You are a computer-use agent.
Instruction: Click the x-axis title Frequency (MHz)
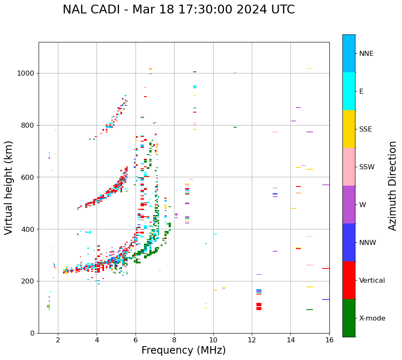[x=183, y=350]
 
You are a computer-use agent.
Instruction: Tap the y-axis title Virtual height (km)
[x=9, y=187]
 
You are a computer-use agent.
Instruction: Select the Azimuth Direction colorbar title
[x=392, y=186]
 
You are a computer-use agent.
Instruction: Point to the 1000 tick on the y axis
[x=28, y=73]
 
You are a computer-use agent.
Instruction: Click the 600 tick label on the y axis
[x=30, y=177]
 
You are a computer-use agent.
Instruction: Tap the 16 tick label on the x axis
[x=329, y=340]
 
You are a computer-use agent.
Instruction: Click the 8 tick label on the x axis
[x=174, y=340]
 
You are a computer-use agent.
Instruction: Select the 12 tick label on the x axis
[x=251, y=340]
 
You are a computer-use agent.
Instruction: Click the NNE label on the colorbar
[x=366, y=54]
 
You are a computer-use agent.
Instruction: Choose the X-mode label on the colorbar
[x=372, y=318]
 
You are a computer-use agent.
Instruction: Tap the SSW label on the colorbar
[x=366, y=167]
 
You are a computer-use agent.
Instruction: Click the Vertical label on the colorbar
[x=372, y=281]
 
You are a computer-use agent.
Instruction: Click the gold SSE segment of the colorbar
[x=349, y=129]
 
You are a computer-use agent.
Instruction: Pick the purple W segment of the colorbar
[x=349, y=205]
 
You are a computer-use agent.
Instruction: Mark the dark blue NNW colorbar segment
[x=349, y=242]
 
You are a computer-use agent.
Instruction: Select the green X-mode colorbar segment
[x=349, y=318]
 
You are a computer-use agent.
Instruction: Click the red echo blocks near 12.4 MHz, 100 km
[x=259, y=307]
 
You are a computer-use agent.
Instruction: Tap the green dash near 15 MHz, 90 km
[x=310, y=310]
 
